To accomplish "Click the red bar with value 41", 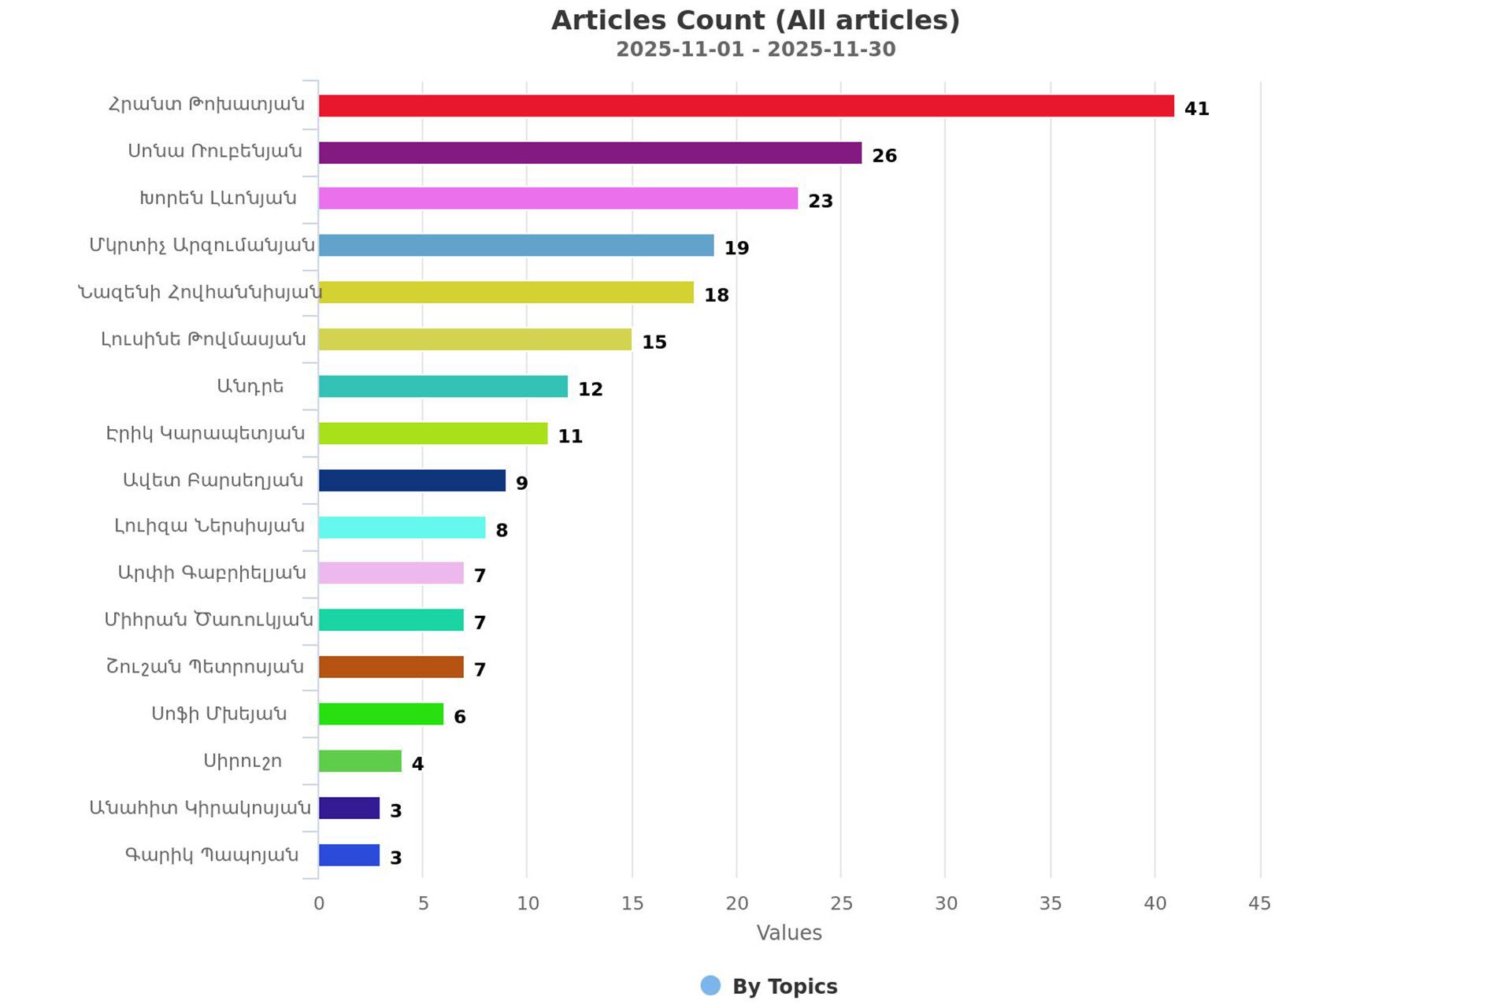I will click(746, 106).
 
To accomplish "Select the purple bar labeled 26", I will click(590, 153).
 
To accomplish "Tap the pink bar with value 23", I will click(558, 198).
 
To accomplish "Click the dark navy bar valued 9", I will click(412, 480).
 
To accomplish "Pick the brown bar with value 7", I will click(391, 667).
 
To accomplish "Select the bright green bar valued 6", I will click(381, 714).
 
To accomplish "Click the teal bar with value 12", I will click(443, 387).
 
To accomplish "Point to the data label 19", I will click(736, 248).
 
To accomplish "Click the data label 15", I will click(654, 343).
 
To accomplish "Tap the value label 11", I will click(570, 436).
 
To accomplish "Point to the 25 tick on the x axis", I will click(841, 903).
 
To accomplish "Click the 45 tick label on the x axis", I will click(1259, 903).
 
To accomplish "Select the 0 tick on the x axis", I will click(319, 903).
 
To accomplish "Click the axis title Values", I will click(789, 933).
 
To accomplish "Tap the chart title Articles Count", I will click(755, 20).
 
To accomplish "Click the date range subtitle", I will click(755, 50).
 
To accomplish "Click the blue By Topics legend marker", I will click(710, 986).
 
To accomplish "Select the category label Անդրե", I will click(250, 387).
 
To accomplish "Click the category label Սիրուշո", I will click(243, 762).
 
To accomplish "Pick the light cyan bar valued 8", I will click(402, 528).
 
